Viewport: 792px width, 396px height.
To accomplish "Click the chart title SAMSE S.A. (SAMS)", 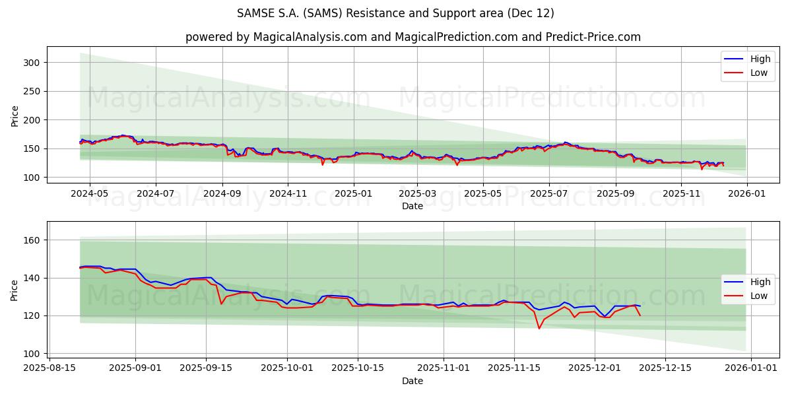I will point(395,13).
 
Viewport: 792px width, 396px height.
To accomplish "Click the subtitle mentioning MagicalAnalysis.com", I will point(412,37).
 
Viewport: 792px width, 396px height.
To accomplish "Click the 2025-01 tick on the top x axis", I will point(354,194).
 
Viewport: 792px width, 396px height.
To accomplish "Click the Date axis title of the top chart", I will point(412,206).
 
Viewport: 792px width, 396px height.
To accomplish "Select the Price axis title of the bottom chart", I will point(15,289).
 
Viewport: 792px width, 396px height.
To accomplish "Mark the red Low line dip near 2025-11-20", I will point(539,328).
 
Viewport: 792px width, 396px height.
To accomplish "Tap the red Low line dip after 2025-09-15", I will point(221,304).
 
